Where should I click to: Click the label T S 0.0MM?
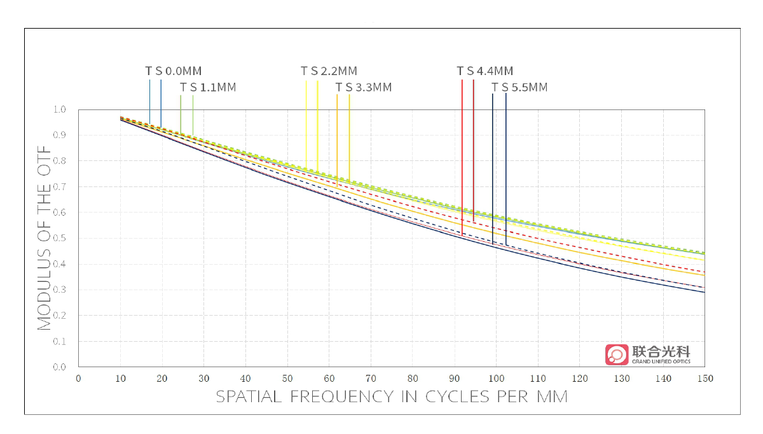[x=173, y=71]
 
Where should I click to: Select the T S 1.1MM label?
[x=207, y=87]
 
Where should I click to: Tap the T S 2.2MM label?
[x=329, y=71]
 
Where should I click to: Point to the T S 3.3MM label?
[x=363, y=87]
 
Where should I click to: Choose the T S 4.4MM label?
[x=485, y=71]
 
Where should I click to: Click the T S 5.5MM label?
[x=519, y=87]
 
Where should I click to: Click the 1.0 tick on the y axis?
[x=59, y=109]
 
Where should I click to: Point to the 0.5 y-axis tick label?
[x=59, y=238]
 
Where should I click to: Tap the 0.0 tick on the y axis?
[x=59, y=367]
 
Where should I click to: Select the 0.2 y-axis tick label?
[x=59, y=315]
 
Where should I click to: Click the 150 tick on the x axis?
[x=705, y=379]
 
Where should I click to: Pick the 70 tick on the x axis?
[x=371, y=379]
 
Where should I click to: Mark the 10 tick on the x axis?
[x=120, y=379]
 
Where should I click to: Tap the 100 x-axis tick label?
[x=496, y=379]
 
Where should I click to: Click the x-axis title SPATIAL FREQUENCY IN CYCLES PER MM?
[x=391, y=396]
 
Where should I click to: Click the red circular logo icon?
[x=616, y=354]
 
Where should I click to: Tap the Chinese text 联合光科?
[x=661, y=351]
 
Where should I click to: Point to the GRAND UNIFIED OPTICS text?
[x=661, y=361]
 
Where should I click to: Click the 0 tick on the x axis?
[x=78, y=379]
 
